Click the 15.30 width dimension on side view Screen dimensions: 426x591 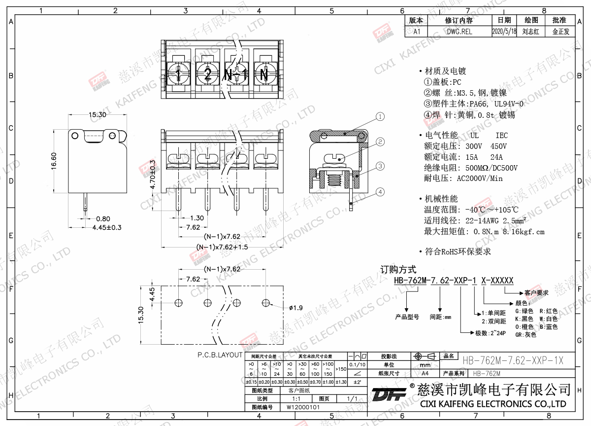(x=97, y=114)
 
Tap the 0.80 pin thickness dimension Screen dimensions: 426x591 (x=103, y=218)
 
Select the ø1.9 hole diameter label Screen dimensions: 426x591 (x=295, y=308)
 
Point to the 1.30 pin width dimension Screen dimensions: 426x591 (x=197, y=218)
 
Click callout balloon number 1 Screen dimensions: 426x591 (x=380, y=117)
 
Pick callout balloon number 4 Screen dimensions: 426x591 (x=380, y=191)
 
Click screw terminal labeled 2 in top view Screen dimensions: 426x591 (x=207, y=75)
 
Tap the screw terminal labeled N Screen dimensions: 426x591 (x=264, y=75)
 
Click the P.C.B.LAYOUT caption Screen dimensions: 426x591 (x=220, y=355)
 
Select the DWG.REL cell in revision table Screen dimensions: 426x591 (x=459, y=31)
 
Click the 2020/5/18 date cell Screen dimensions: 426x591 (x=504, y=31)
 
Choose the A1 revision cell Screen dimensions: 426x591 (x=417, y=31)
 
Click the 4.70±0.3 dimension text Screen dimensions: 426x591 (x=153, y=175)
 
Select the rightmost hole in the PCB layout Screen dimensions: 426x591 (x=266, y=301)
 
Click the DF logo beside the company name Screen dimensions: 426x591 (x=389, y=395)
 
